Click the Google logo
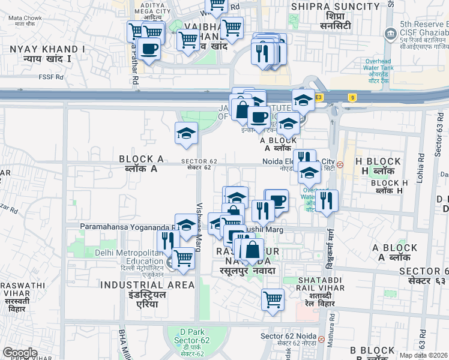[x=20, y=353]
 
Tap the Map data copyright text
[x=424, y=355]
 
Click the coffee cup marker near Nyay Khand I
[x=149, y=48]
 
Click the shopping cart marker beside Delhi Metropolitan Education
[x=183, y=259]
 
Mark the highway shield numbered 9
[x=351, y=97]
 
